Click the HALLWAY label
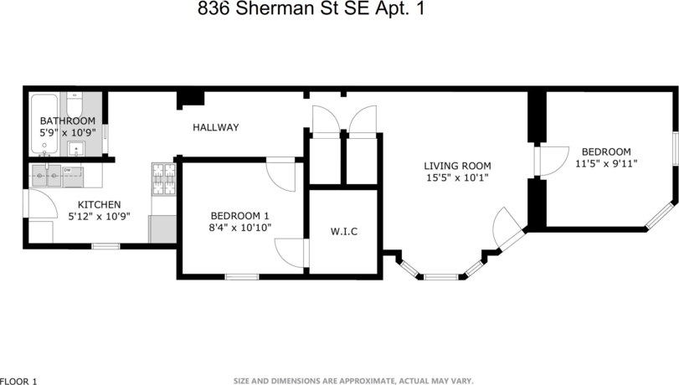coord(216,127)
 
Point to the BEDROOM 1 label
coord(239,214)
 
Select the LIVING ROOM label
coord(456,166)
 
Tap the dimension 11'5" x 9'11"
coord(606,164)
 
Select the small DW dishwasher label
coord(66,170)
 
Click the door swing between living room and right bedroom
coord(549,160)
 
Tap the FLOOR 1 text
coord(19,381)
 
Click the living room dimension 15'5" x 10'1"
coord(456,177)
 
